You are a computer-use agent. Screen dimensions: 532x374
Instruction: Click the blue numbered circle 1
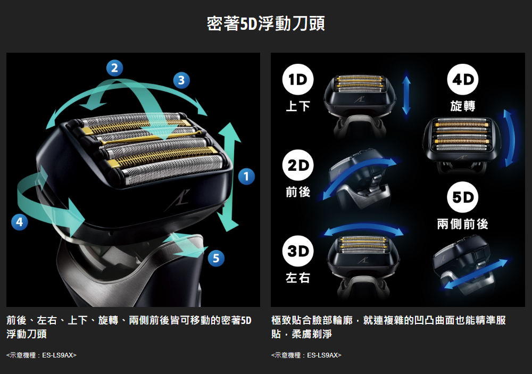[x=246, y=176]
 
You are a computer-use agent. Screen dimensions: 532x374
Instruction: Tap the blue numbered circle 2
[x=115, y=68]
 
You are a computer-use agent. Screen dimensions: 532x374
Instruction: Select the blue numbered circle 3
[x=181, y=80]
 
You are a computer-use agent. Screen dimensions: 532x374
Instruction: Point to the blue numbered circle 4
[x=19, y=222]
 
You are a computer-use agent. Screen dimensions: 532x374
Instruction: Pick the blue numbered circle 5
[x=216, y=258]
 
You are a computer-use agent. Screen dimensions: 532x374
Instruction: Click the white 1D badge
[x=297, y=79]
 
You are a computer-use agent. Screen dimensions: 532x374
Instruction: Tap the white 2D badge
[x=297, y=165]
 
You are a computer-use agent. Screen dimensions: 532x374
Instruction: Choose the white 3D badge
[x=297, y=251]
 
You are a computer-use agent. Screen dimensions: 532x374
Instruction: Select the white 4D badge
[x=463, y=79]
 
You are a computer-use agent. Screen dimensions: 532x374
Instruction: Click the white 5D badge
[x=463, y=197]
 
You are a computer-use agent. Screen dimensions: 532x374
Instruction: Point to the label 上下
[x=297, y=106]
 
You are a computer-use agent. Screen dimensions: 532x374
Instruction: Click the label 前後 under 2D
[x=297, y=192]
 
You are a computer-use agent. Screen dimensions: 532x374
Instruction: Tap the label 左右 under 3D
[x=297, y=278]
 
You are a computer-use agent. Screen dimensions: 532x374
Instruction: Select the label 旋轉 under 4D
[x=463, y=106]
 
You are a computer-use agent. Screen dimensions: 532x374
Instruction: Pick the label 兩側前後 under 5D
[x=463, y=224]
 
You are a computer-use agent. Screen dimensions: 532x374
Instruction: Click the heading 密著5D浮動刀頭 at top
[x=266, y=24]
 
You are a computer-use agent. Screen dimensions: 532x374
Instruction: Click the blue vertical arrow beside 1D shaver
[x=406, y=95]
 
